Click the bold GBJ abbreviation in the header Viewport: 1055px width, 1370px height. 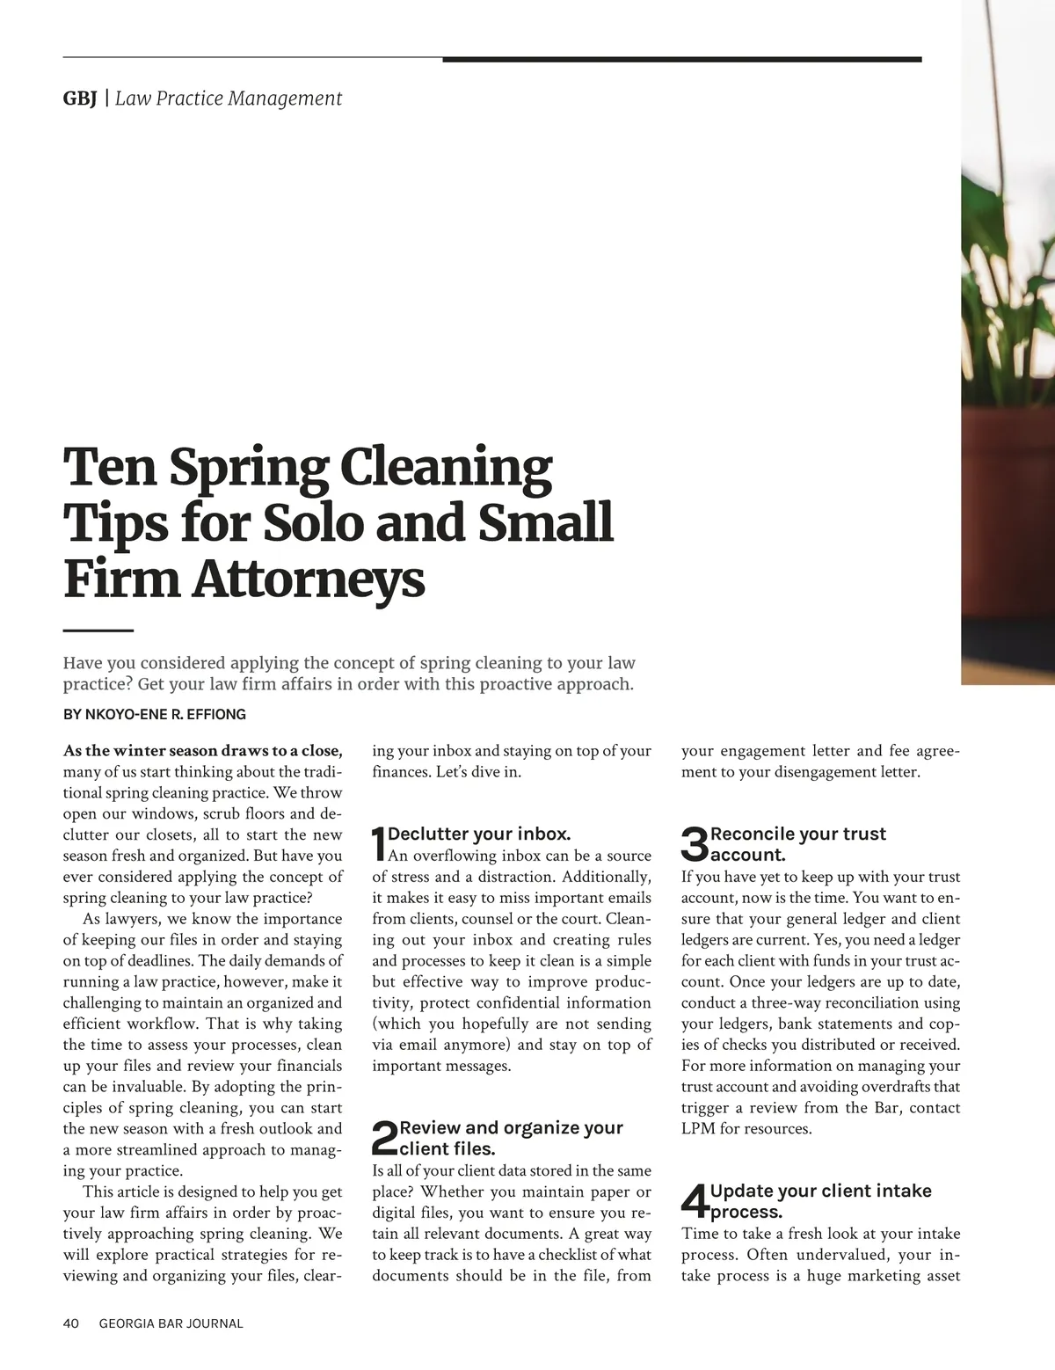coord(80,98)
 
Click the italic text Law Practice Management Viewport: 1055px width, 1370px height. coord(229,98)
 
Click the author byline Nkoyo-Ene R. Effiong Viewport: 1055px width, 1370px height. coord(154,714)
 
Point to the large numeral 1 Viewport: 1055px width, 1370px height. coord(379,844)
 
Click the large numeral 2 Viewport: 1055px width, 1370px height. coord(384,1139)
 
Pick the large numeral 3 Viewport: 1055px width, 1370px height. coord(695,844)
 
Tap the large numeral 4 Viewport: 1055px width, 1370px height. coord(695,1201)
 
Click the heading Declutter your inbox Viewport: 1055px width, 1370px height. coord(479,834)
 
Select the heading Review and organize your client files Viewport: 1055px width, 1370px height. coord(510,1138)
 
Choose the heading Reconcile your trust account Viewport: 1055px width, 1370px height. coord(797,844)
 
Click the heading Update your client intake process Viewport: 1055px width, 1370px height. coord(819,1201)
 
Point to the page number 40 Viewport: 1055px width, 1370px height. coord(71,1323)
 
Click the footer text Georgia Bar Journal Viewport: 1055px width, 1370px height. coord(171,1323)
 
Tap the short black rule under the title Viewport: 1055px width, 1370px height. coord(98,630)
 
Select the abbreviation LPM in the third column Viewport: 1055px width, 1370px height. coord(698,1128)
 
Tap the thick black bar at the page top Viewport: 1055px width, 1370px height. coord(681,60)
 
